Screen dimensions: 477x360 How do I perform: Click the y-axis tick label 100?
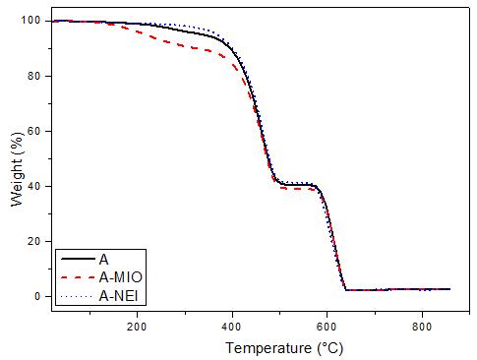pyautogui.click(x=30, y=21)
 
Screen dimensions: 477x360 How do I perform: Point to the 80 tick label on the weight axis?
pyautogui.click(x=34, y=76)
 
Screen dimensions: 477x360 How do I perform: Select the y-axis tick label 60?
pyautogui.click(x=34, y=131)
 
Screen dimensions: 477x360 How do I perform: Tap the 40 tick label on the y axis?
pyautogui.click(x=34, y=186)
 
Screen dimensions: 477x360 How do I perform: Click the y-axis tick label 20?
pyautogui.click(x=34, y=241)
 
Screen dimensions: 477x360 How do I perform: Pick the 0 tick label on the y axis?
pyautogui.click(x=37, y=296)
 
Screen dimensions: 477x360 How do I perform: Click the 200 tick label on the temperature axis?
pyautogui.click(x=137, y=327)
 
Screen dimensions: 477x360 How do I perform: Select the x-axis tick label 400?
pyautogui.click(x=232, y=327)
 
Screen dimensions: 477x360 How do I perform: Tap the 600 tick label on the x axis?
pyautogui.click(x=327, y=327)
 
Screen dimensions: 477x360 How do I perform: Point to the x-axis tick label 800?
pyautogui.click(x=422, y=327)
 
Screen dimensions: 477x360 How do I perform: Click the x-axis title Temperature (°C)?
pyautogui.click(x=284, y=348)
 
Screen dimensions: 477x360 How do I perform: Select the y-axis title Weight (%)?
pyautogui.click(x=18, y=169)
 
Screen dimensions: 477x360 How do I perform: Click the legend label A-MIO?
pyautogui.click(x=121, y=277)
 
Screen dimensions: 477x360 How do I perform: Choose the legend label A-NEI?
pyautogui.click(x=118, y=296)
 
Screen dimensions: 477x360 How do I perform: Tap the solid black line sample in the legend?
pyautogui.click(x=78, y=259)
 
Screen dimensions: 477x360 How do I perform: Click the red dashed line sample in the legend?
pyautogui.click(x=78, y=277)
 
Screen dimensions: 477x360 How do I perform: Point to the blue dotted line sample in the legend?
pyautogui.click(x=78, y=296)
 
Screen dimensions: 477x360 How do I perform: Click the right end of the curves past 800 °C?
pyautogui.click(x=449, y=289)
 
